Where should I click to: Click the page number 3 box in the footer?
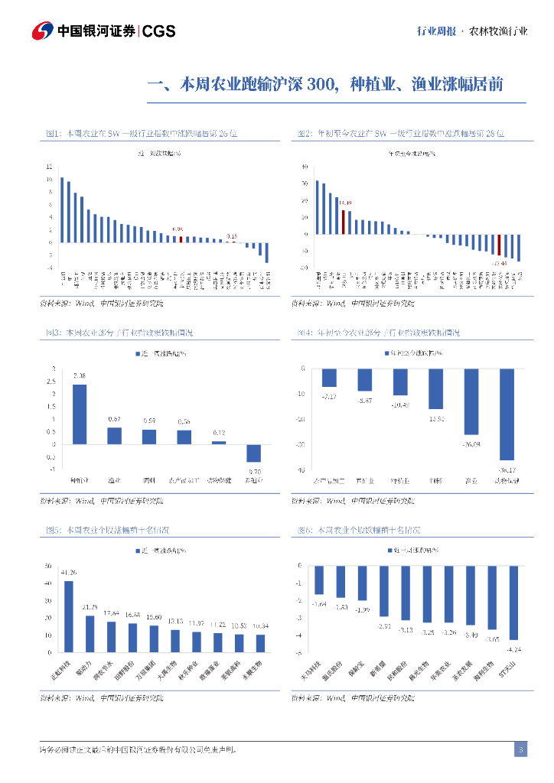pos(520,749)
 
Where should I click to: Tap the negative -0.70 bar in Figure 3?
pos(253,453)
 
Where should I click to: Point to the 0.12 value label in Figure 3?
pos(219,434)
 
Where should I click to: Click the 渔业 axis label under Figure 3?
pos(114,480)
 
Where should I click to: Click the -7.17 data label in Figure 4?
pos(330,396)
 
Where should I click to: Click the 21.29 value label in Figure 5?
pos(90,607)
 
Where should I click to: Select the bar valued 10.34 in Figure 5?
pos(260,644)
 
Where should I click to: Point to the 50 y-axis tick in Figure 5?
pos(48,567)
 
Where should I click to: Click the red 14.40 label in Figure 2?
pos(345,203)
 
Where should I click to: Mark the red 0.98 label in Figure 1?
pos(178,229)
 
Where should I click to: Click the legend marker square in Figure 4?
pos(386,353)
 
